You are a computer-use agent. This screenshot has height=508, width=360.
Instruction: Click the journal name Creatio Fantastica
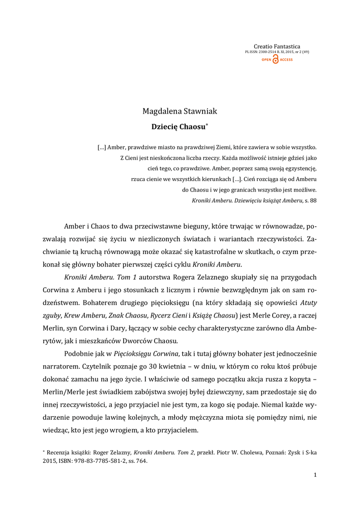pyautogui.click(x=277, y=46)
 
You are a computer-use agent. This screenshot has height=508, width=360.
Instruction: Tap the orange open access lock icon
pyautogui.click(x=276, y=60)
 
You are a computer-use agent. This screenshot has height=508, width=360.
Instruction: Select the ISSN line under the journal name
pyautogui.click(x=277, y=52)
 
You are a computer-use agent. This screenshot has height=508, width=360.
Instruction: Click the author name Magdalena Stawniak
pyautogui.click(x=180, y=111)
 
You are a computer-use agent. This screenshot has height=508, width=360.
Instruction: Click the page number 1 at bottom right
pyautogui.click(x=315, y=475)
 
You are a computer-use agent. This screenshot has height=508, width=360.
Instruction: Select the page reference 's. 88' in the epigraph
pyautogui.click(x=310, y=200)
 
